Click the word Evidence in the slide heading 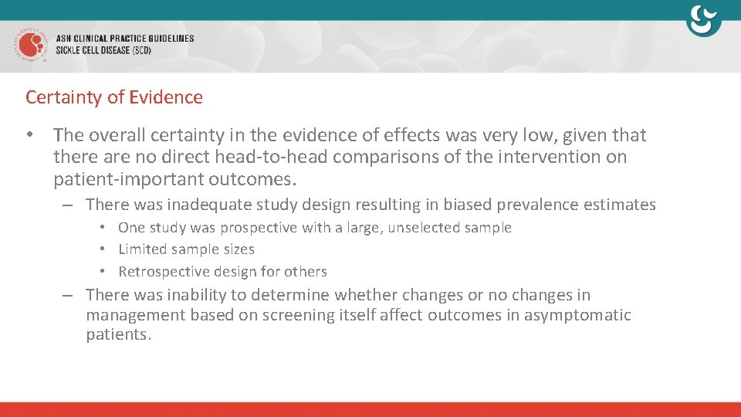(166, 97)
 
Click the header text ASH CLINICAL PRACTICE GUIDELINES (124, 39)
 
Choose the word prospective (255, 228)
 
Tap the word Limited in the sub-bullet (143, 249)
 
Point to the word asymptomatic (577, 315)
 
